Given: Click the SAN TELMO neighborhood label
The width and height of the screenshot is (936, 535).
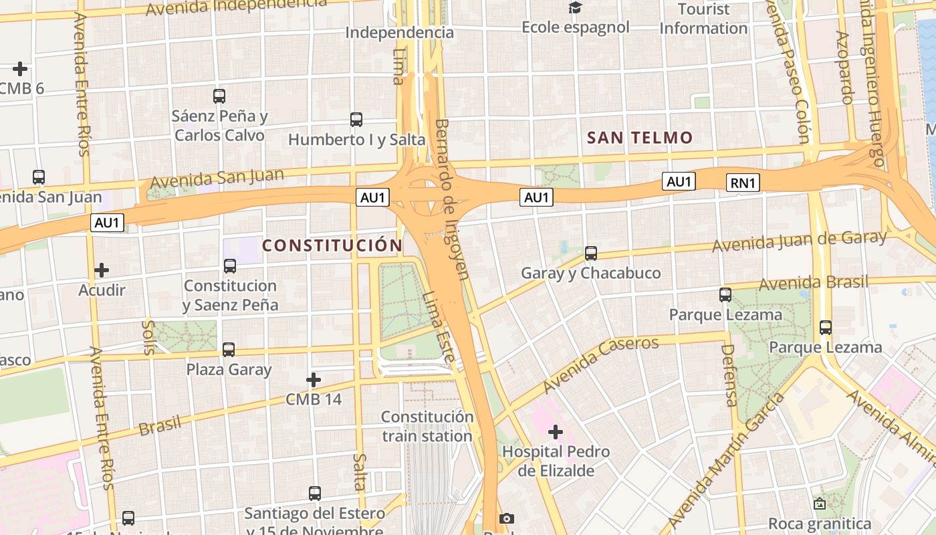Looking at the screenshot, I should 640,138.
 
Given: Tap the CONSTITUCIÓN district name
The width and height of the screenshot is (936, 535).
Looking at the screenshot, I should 332,245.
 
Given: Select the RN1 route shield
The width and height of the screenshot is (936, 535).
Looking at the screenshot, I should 743,183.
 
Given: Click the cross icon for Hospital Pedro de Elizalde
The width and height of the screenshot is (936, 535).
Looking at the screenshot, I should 556,432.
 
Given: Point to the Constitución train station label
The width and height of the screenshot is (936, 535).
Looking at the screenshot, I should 427,427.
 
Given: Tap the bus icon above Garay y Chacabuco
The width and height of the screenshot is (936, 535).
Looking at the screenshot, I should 590,253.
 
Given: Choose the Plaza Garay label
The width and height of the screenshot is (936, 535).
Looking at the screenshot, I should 229,369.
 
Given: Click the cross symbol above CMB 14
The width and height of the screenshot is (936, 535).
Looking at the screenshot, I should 313,380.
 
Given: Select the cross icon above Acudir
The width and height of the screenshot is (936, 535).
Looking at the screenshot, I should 102,270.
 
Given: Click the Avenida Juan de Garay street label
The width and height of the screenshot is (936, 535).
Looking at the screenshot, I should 799,241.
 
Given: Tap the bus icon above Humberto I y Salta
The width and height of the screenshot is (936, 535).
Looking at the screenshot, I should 356,120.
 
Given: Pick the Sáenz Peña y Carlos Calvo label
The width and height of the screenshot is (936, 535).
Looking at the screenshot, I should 219,125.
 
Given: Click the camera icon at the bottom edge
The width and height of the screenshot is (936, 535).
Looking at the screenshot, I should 507,518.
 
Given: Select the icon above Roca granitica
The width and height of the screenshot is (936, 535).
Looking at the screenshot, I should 819,504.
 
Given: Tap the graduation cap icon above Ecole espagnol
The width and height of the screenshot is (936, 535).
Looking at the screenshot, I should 575,8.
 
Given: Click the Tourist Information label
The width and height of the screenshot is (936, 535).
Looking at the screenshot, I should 703,19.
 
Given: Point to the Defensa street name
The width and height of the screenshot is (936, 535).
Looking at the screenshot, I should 729,375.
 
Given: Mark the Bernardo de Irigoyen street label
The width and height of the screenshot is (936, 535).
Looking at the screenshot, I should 452,199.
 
